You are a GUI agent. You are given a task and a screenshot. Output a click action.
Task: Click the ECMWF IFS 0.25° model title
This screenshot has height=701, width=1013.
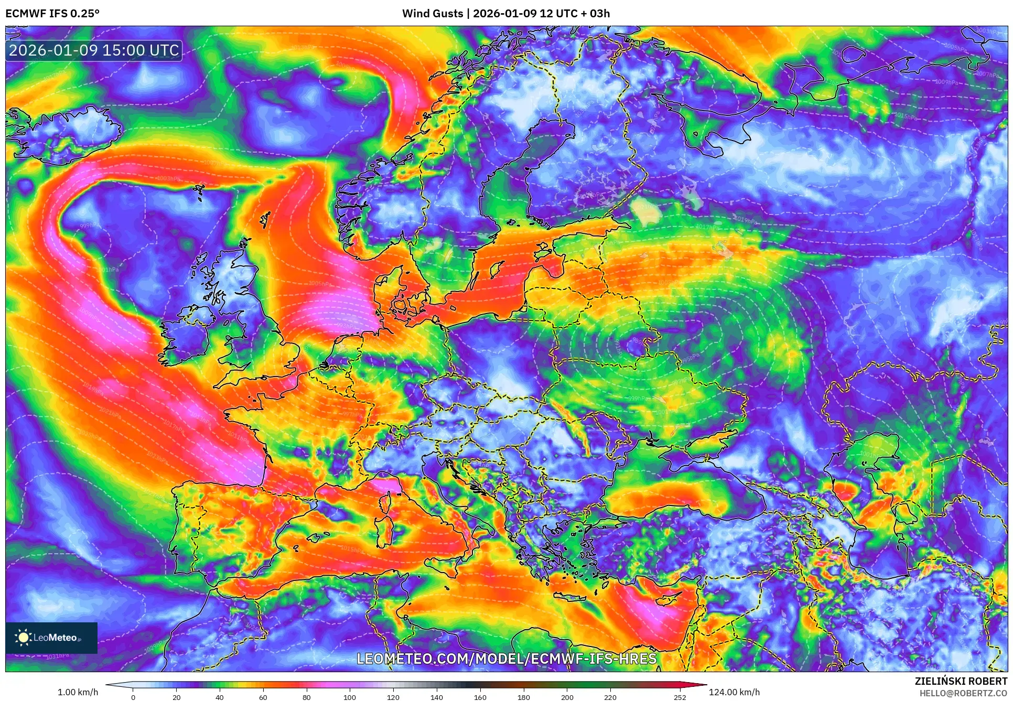click(x=52, y=14)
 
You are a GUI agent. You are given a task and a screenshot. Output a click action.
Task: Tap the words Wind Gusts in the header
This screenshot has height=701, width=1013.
click(x=433, y=14)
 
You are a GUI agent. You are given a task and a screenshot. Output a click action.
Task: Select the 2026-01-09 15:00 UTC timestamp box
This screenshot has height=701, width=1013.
click(x=94, y=50)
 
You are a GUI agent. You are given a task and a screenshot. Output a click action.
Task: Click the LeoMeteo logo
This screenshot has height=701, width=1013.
click(x=51, y=638)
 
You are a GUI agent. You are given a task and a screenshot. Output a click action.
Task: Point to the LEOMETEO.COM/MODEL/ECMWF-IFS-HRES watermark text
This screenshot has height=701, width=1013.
click(x=506, y=659)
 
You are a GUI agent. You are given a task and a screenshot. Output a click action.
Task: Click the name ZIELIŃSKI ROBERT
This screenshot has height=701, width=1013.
click(x=961, y=681)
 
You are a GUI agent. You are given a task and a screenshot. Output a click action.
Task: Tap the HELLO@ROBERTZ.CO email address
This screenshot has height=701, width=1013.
click(x=963, y=693)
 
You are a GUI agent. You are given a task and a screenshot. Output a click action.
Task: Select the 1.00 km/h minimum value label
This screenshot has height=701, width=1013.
click(x=78, y=692)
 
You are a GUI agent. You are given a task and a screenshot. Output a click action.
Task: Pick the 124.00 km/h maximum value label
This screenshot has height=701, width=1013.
click(x=734, y=692)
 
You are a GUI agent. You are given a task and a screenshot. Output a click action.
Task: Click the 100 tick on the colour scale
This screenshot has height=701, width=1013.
click(x=350, y=697)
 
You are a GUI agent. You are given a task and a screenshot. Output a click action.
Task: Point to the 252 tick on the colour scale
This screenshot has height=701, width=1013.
click(x=680, y=697)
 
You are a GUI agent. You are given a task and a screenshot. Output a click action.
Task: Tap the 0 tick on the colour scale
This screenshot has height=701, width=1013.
click(x=133, y=697)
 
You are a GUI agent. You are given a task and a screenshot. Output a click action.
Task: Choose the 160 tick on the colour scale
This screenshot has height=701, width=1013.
click(x=480, y=697)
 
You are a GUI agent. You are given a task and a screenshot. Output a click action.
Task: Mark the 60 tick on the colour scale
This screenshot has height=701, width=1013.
click(x=263, y=697)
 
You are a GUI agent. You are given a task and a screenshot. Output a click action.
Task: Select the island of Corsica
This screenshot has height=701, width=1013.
click(x=386, y=501)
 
